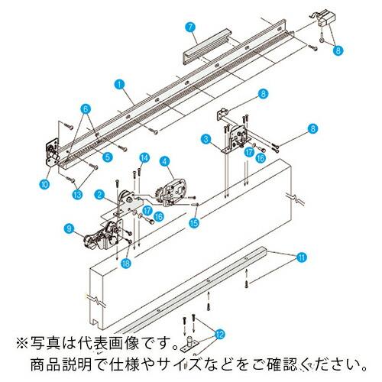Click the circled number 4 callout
(x=164, y=160)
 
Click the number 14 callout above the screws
(x=143, y=157)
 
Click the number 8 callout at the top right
(x=338, y=50)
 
